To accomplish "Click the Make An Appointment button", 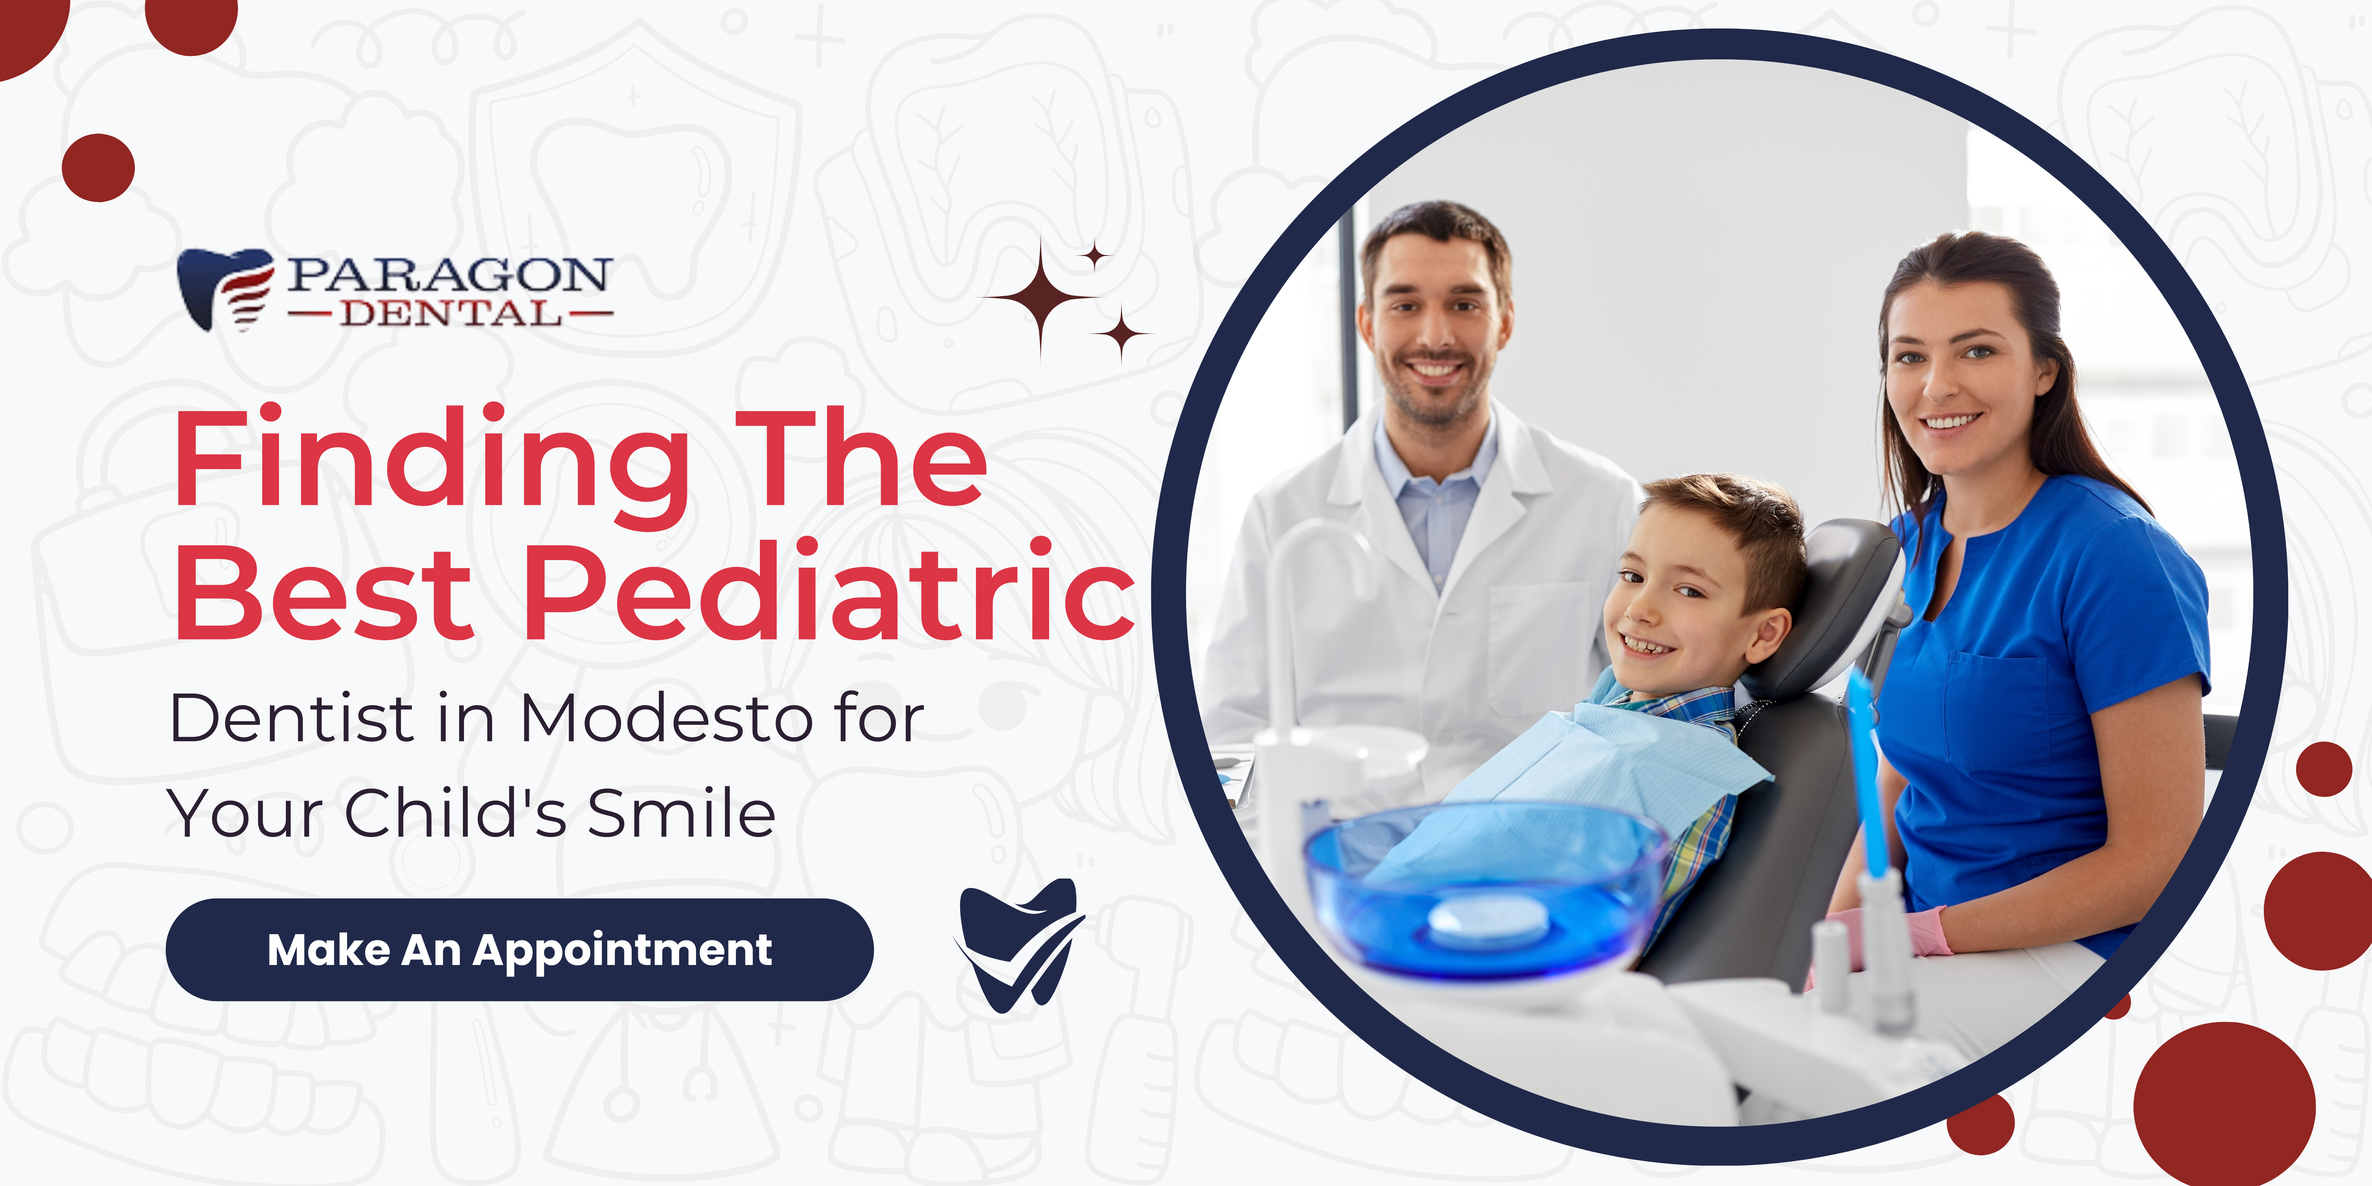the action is (519, 949).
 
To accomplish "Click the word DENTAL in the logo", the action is (451, 314).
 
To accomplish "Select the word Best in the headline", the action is (324, 591).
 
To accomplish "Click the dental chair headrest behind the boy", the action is (1833, 603).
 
